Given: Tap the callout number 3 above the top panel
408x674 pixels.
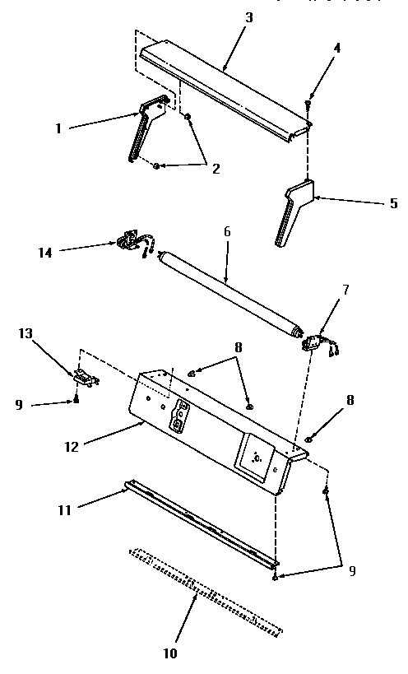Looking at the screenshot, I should coord(249,16).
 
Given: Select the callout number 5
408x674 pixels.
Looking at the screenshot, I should coord(393,203).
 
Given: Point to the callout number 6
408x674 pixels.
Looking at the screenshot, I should coord(227,232).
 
